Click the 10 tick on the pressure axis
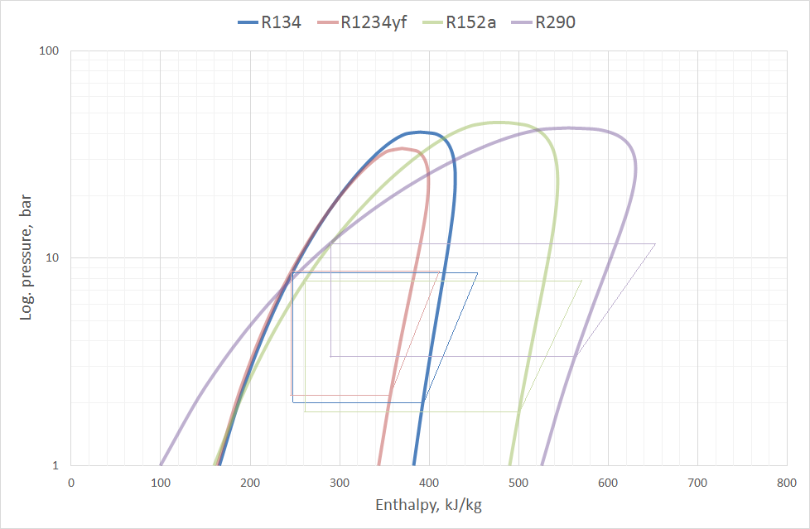pyautogui.click(x=51, y=257)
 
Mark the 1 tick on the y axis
pyautogui.click(x=55, y=465)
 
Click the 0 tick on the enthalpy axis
pyautogui.click(x=71, y=481)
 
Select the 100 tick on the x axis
pyautogui.click(x=161, y=481)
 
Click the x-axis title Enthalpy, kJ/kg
pyautogui.click(x=428, y=505)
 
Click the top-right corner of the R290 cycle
pyautogui.click(x=655, y=244)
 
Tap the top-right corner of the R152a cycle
pyautogui.click(x=581, y=281)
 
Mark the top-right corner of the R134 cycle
pyautogui.click(x=477, y=272)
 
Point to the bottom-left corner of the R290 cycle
pyautogui.click(x=330, y=356)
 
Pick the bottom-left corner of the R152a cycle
pyautogui.click(x=305, y=411)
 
